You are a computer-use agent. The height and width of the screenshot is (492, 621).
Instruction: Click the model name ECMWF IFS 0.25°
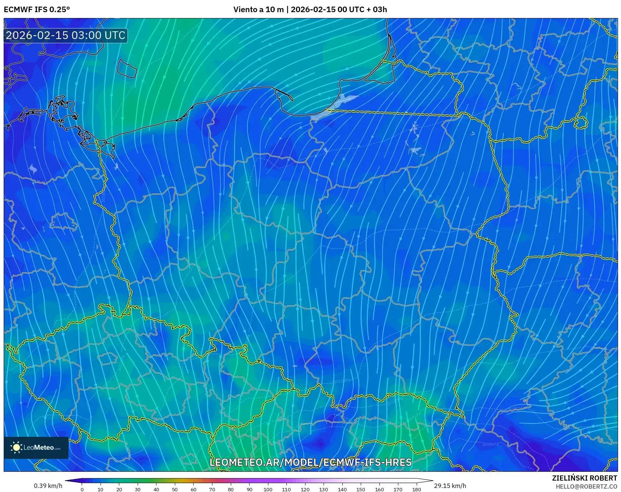pos(37,10)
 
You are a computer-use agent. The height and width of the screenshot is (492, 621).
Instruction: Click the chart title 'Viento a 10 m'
pos(258,10)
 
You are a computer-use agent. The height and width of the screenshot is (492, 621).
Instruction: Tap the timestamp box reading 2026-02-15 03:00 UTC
pos(66,35)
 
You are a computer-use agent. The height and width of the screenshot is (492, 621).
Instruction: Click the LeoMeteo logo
pos(36,447)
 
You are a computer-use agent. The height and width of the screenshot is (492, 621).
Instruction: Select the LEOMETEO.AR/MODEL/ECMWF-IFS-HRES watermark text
pos(310,462)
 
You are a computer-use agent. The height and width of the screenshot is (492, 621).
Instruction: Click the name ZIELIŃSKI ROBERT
pos(584,478)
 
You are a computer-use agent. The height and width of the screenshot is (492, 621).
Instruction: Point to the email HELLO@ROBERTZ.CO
pos(586,486)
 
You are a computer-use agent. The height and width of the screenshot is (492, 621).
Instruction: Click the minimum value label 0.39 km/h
pos(48,486)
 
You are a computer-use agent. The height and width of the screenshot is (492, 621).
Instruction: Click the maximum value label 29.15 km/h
pos(450,486)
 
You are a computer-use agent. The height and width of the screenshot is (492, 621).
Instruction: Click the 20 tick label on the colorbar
pos(119,489)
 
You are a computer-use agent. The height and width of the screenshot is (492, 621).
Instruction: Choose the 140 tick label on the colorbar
pos(342,489)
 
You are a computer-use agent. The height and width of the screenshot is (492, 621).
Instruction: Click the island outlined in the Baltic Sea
pos(127,68)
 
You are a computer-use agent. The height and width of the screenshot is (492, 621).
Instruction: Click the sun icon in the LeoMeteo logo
pos(16,447)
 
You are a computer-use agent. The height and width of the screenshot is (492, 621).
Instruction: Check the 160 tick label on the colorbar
pos(379,489)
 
